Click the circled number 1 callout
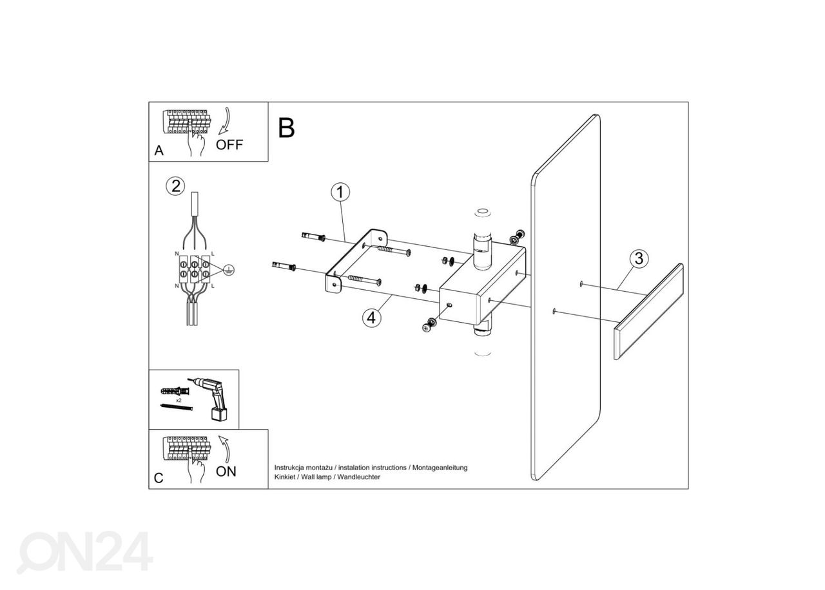click(x=340, y=192)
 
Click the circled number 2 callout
click(x=175, y=186)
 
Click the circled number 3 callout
click(x=638, y=259)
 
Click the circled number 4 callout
click(x=370, y=318)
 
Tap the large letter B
click(x=286, y=128)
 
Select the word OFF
click(x=229, y=145)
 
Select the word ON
click(x=226, y=471)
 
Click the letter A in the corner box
click(x=159, y=151)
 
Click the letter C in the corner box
click(x=159, y=478)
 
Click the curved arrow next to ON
click(x=225, y=447)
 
